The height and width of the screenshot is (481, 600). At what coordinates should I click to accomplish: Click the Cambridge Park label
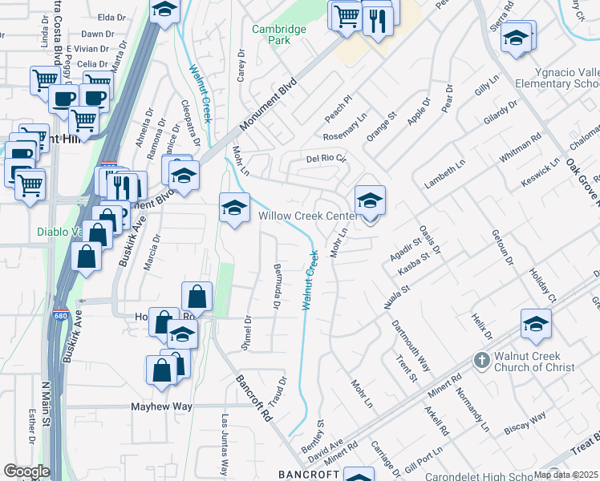(279, 34)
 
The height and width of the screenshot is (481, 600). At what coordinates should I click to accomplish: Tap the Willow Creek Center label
(307, 216)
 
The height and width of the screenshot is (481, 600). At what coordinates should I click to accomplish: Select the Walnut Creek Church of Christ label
(536, 361)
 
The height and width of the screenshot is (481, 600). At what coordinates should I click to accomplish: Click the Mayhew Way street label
(161, 406)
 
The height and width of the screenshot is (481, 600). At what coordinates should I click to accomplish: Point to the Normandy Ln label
(470, 406)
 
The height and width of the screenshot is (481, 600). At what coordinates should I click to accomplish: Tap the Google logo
(26, 471)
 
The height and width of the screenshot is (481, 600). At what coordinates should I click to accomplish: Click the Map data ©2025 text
(566, 475)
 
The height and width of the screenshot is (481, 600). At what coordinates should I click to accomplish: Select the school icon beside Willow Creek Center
(370, 201)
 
